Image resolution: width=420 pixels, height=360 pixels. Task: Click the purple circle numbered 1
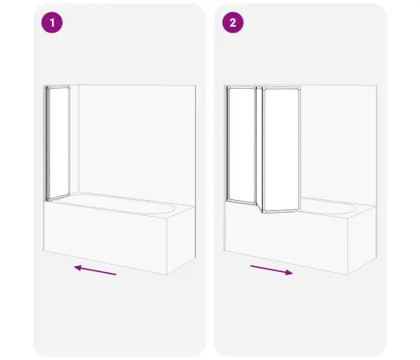[52, 23]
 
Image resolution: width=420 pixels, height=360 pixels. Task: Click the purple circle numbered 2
[233, 23]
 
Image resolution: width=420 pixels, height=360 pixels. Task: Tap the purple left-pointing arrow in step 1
[95, 270]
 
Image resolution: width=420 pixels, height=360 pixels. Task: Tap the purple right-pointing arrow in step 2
[272, 270]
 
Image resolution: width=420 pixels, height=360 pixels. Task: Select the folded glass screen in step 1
[58, 143]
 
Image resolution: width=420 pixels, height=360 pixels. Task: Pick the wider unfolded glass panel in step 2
[281, 150]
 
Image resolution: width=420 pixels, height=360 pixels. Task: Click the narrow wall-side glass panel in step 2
[242, 145]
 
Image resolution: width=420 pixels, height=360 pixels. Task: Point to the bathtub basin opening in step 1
[115, 203]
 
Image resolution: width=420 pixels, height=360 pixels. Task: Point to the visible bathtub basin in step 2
[329, 206]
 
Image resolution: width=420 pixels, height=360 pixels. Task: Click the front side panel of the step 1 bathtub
[105, 238]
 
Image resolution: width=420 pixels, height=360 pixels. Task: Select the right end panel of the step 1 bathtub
[182, 240]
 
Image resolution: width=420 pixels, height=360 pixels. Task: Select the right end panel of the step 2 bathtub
[362, 240]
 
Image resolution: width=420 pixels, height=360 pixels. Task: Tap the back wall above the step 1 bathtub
[136, 140]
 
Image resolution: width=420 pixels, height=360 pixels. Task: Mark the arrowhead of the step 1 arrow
[78, 268]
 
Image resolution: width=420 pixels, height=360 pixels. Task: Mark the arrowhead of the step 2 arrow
[289, 273]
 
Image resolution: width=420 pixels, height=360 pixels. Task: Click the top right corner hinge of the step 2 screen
[300, 89]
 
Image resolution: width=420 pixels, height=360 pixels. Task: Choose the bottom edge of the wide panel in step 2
[281, 212]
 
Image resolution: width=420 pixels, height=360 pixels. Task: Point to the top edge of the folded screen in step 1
[58, 87]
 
